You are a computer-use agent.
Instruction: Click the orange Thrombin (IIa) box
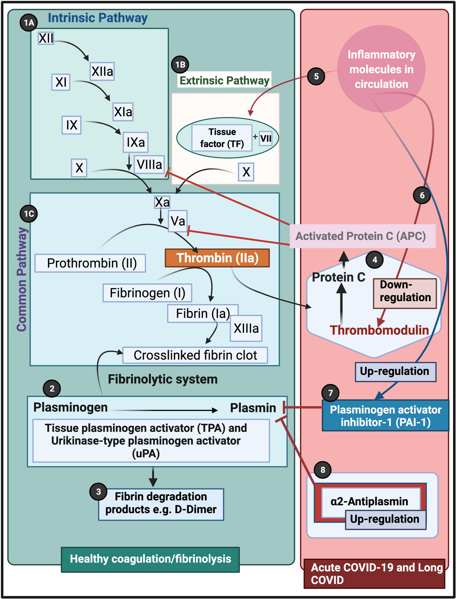(x=217, y=258)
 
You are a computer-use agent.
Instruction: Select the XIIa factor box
(x=102, y=71)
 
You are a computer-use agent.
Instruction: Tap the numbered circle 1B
(x=180, y=65)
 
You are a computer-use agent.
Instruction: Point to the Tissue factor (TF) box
(x=222, y=138)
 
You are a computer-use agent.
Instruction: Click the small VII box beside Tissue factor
(x=265, y=138)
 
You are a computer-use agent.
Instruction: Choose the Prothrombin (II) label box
(x=90, y=263)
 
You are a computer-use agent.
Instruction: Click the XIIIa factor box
(x=246, y=328)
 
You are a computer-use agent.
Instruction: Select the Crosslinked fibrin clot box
(x=195, y=355)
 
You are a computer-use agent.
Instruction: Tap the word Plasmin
(x=253, y=408)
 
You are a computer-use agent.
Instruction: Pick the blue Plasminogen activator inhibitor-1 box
(x=385, y=415)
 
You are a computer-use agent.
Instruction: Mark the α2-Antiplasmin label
(x=369, y=501)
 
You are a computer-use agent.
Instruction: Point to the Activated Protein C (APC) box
(x=362, y=236)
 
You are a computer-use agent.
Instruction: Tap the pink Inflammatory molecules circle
(x=381, y=69)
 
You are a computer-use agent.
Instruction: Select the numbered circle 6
(x=422, y=195)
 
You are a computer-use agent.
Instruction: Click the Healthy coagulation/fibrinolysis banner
(x=150, y=559)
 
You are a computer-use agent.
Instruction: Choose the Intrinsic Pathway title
(x=98, y=18)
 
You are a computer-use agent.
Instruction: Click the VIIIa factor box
(x=149, y=164)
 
